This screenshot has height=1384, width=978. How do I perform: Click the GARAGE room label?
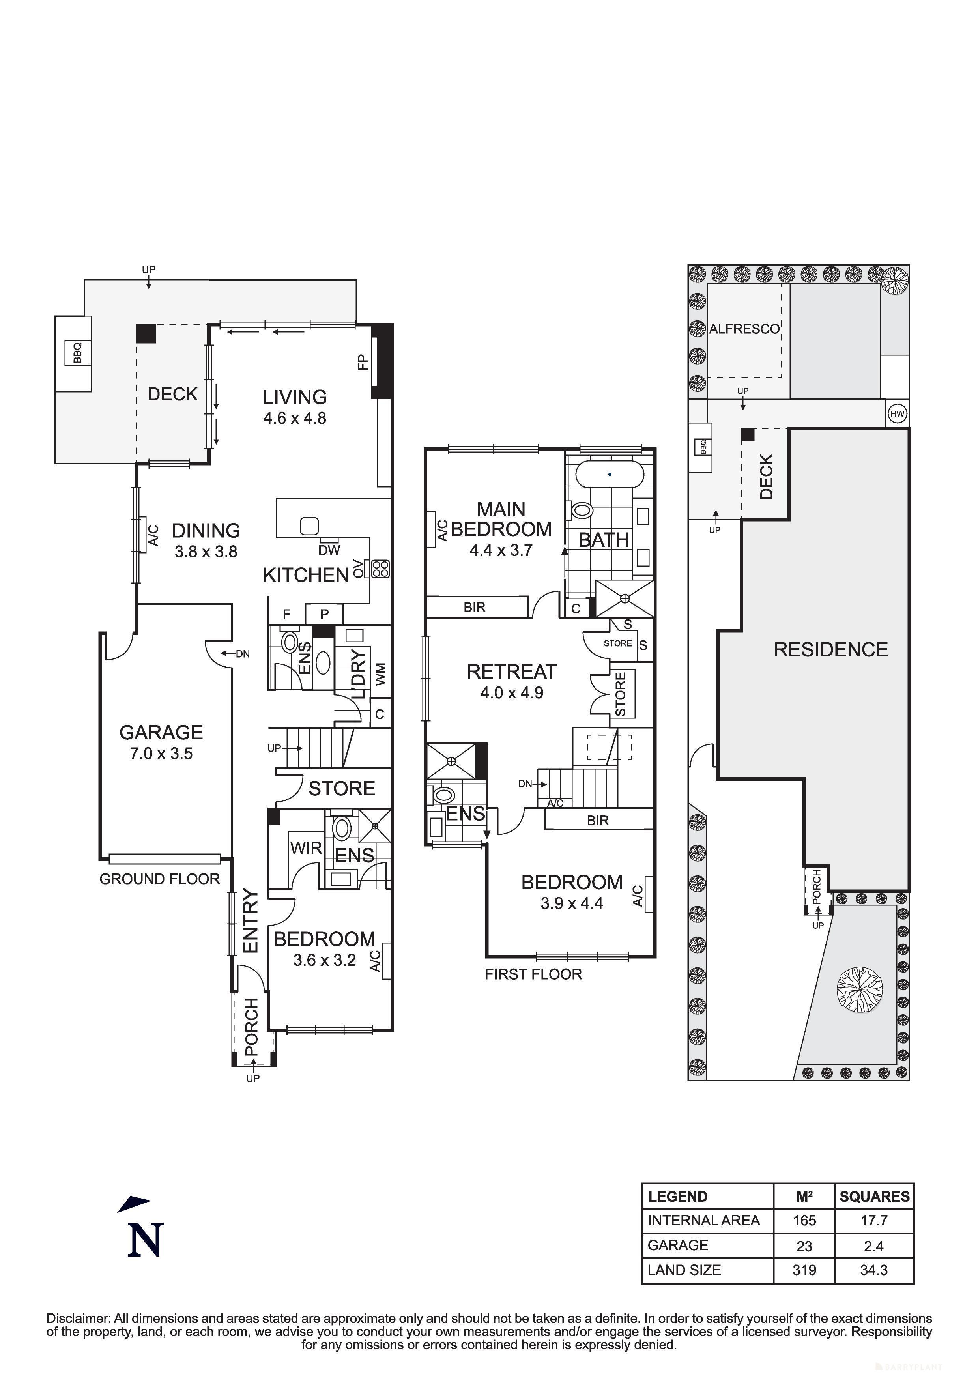[x=161, y=732]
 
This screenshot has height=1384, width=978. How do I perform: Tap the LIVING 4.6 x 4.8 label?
[x=295, y=406]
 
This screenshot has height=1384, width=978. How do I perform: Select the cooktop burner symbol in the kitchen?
[x=381, y=569]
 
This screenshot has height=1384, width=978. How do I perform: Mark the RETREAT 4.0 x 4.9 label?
[x=512, y=681]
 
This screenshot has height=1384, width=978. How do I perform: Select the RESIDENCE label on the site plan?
[x=830, y=649]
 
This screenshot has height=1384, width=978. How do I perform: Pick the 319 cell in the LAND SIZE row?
[x=804, y=1270]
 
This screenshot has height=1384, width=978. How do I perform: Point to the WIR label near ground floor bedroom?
[x=306, y=848]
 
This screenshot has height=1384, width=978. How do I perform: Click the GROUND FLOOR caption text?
[x=160, y=879]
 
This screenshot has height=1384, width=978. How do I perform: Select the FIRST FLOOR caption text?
[x=533, y=974]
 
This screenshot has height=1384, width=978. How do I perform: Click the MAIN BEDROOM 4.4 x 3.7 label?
[x=501, y=529]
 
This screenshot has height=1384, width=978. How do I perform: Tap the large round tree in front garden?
[x=860, y=989]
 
